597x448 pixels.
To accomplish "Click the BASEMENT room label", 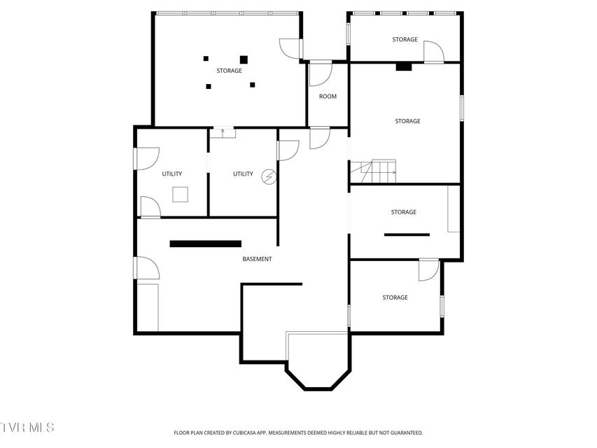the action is click(x=257, y=259).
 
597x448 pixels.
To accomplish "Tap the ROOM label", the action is click(x=328, y=97).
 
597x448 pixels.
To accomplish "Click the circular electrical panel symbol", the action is click(x=269, y=177).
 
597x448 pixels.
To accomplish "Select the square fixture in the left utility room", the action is click(x=180, y=195).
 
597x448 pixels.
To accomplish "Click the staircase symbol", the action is click(x=373, y=171).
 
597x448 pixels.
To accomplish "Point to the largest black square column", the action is click(x=244, y=59).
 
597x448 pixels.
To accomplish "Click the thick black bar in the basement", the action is click(x=206, y=244).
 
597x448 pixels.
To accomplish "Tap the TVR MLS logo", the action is click(x=27, y=427).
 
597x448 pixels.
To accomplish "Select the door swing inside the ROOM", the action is click(x=321, y=73).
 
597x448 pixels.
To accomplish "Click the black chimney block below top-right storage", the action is click(x=404, y=67).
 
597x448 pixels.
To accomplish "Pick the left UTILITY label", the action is click(x=172, y=174).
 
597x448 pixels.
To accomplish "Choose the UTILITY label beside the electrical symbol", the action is click(x=243, y=174).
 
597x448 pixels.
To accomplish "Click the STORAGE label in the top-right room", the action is click(x=405, y=39).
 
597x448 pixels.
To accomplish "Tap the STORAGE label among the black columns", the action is click(x=229, y=71).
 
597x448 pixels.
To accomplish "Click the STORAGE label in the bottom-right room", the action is click(x=395, y=297).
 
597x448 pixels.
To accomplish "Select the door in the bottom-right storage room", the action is click(x=429, y=270).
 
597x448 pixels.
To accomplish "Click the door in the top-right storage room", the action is click(x=434, y=52).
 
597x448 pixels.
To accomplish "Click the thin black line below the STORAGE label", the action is click(x=407, y=234).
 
